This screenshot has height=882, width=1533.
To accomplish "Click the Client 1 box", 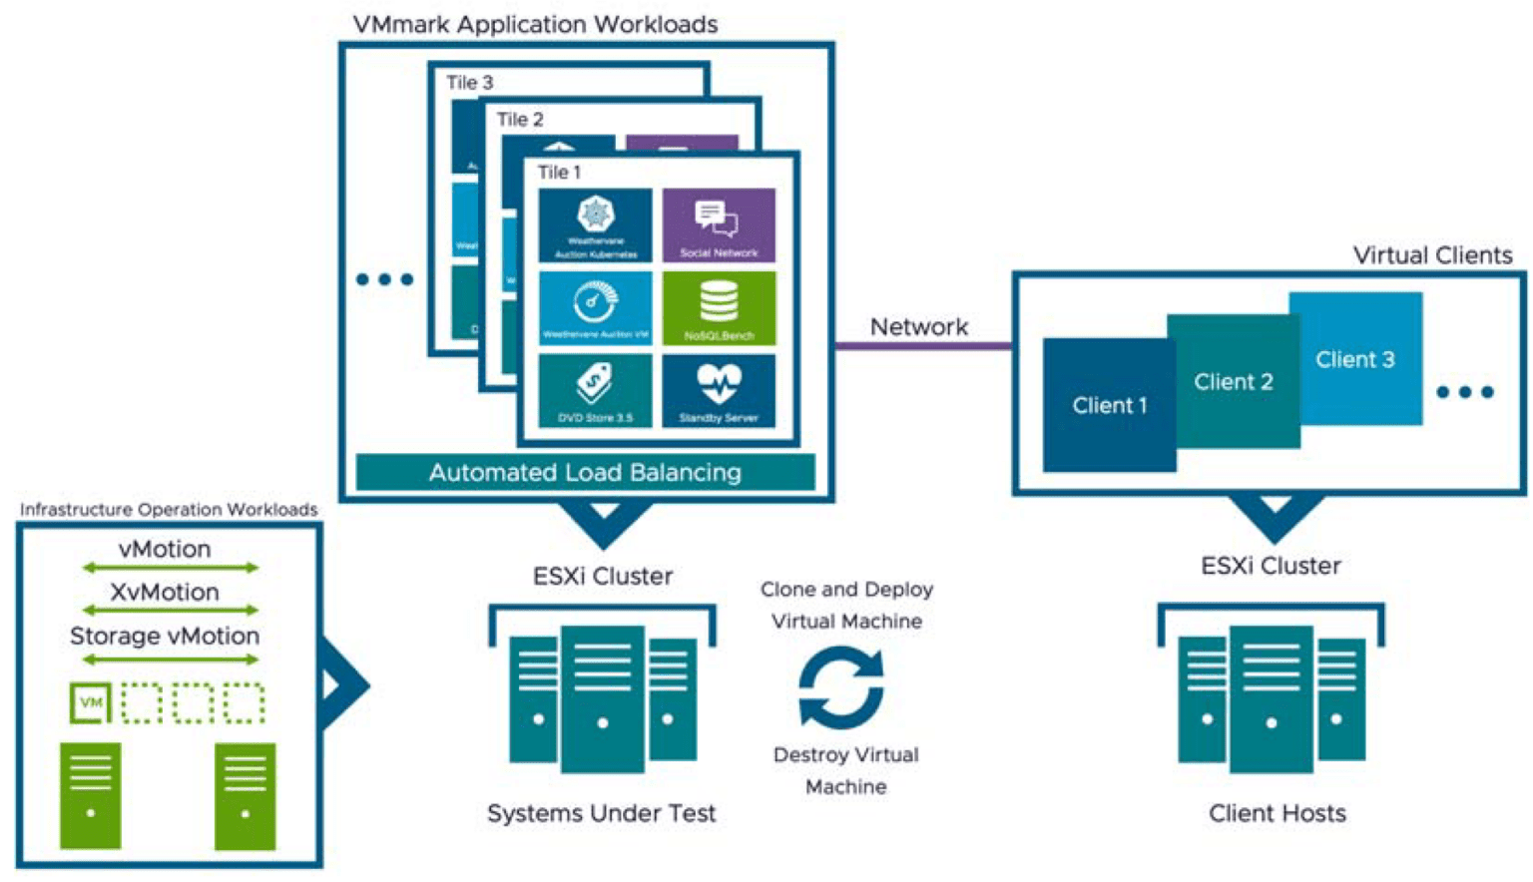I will pos(1109,405).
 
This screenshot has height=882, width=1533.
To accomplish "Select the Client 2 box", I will pos(1234,382).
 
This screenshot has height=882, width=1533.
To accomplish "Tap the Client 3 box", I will pos(1355,359).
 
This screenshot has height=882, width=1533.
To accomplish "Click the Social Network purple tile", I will pos(719,225).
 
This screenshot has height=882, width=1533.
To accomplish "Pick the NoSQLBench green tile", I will pos(719,308).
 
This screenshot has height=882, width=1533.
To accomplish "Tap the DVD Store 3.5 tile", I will pos(595,391).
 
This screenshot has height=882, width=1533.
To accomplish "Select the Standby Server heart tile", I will pos(719,391).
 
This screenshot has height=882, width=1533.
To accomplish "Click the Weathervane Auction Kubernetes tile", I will pos(595,225).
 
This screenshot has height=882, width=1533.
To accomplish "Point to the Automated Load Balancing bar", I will pos(585,472).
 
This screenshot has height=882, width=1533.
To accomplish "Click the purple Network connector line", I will pos(923,346).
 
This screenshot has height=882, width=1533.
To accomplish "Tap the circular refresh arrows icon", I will pos(841,687).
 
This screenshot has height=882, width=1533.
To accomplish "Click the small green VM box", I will pos(91,702).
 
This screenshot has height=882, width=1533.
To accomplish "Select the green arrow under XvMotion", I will pos(170,610).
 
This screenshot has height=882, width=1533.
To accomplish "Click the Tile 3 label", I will pos(469,83).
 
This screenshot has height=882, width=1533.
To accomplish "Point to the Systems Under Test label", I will pos(601,813).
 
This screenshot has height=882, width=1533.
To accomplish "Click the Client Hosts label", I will pos(1277,813).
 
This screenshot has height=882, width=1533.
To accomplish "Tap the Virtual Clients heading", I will pos(1432,255).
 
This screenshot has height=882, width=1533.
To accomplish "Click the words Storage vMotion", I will pos(165,637).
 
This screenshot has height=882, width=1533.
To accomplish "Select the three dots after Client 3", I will pos(1464,392).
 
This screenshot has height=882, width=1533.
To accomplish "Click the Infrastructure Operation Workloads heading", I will pos(169,510).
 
